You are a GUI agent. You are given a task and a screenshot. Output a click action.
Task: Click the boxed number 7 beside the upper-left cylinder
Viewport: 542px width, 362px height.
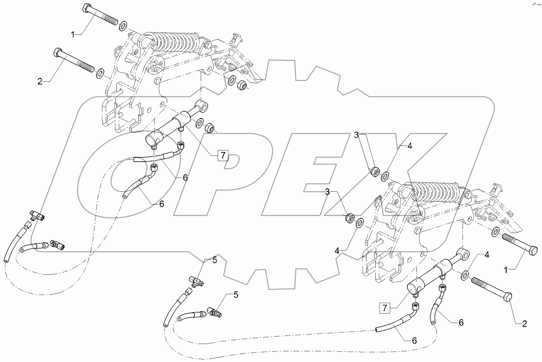click(223, 156)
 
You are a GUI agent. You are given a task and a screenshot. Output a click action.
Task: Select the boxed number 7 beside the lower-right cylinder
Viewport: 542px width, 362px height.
click(385, 307)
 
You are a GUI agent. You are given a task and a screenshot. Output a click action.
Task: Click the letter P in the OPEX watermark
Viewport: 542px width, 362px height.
click(233, 169)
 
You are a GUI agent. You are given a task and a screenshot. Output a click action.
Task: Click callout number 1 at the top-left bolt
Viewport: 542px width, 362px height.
click(73, 34)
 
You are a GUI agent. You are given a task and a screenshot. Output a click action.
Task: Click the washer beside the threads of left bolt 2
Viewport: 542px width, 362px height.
click(100, 74)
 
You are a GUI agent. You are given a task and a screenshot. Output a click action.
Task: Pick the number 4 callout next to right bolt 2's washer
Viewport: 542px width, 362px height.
click(486, 255)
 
